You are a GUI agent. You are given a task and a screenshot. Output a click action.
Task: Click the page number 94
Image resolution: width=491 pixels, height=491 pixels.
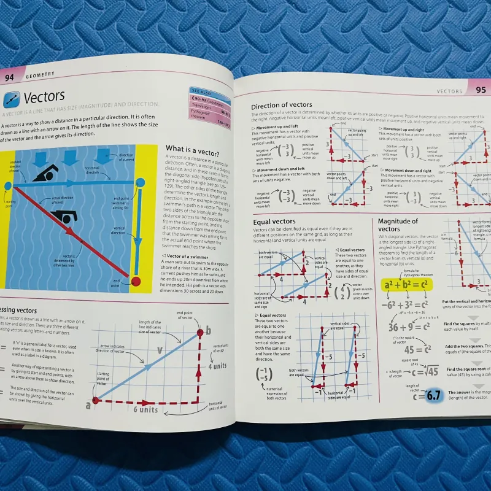(10, 77)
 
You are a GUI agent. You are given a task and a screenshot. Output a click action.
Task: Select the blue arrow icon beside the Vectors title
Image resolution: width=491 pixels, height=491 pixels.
(11, 98)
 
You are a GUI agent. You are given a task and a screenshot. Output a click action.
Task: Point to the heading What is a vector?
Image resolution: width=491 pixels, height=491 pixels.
(195, 149)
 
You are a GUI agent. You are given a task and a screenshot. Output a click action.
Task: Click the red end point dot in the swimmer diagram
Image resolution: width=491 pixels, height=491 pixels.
(136, 281)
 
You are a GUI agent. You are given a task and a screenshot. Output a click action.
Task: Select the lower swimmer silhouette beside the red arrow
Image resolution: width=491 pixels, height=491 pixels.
(63, 216)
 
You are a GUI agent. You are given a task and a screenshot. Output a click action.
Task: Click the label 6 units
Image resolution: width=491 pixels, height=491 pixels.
(145, 409)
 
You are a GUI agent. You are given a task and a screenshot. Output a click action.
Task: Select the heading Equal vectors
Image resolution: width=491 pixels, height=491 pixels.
(274, 221)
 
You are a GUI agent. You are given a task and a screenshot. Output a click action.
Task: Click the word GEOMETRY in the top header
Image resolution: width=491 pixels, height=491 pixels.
(40, 74)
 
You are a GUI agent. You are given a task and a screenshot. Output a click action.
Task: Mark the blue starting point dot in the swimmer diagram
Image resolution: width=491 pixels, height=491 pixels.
(7, 185)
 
